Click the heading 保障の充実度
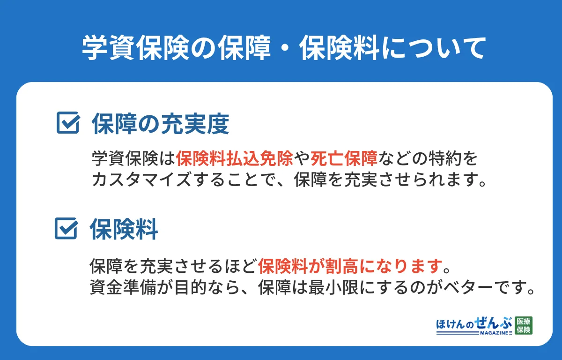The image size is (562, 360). click(x=160, y=124)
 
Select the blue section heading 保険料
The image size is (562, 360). click(x=124, y=229)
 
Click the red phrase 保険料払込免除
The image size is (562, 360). click(x=235, y=159)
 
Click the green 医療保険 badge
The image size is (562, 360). click(x=523, y=325)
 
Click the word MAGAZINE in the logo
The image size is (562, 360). click(x=490, y=332)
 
